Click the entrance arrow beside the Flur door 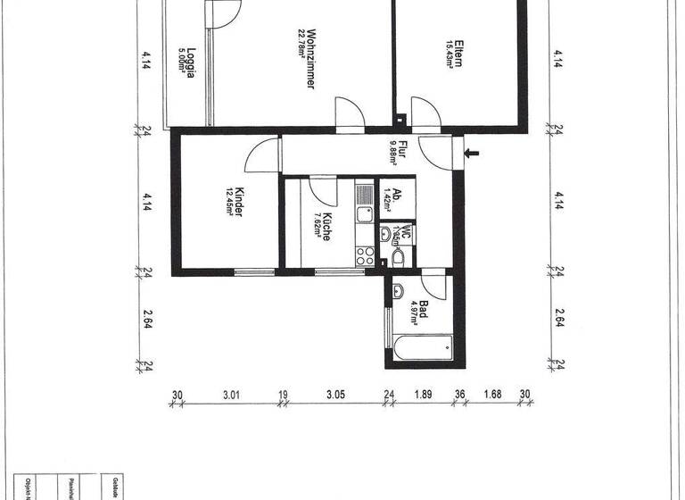pyautogui.click(x=472, y=154)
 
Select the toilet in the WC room pyautogui.click(x=399, y=257)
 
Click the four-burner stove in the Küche pyautogui.click(x=364, y=254)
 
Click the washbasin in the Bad pyautogui.click(x=399, y=290)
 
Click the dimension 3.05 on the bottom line pyautogui.click(x=334, y=396)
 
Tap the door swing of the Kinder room pyautogui.click(x=260, y=158)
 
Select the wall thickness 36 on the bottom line pyautogui.click(x=460, y=396)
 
